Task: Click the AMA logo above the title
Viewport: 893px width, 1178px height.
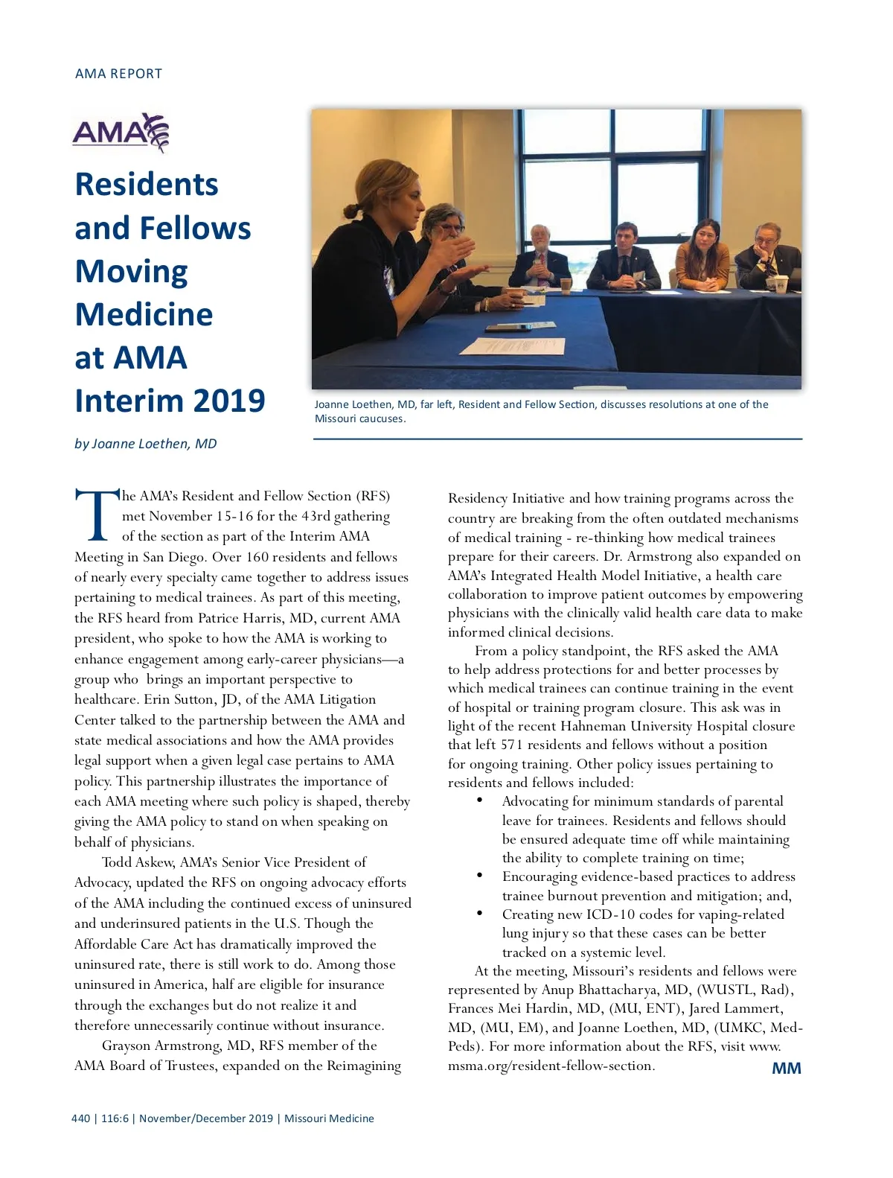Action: click(121, 133)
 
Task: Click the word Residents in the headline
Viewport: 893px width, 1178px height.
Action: click(147, 185)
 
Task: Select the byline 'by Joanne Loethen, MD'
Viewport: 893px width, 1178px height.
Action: click(146, 444)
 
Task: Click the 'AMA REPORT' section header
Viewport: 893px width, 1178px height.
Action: click(118, 74)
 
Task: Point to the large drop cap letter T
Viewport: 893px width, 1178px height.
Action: click(96, 515)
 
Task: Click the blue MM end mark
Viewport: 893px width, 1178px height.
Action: click(786, 1069)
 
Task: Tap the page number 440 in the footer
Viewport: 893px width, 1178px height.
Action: click(80, 1118)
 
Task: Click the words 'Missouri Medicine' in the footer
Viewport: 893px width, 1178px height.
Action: click(329, 1118)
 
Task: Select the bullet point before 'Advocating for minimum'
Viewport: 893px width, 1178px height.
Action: click(480, 800)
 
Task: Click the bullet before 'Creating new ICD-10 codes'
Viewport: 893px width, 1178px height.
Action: click(480, 914)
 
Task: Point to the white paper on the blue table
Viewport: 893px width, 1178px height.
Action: click(512, 346)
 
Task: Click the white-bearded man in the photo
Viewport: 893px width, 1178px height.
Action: click(541, 261)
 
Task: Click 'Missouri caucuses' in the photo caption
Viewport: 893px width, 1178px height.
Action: click(359, 418)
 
